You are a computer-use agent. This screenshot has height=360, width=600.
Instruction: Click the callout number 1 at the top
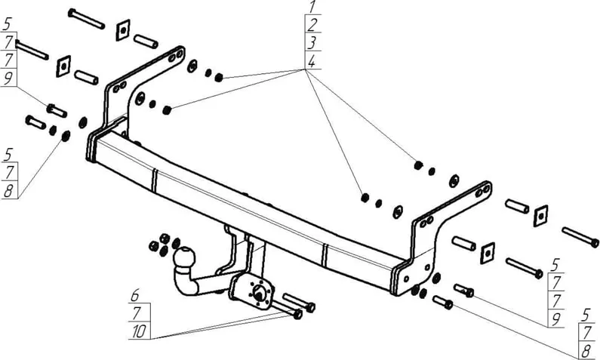point(312,7)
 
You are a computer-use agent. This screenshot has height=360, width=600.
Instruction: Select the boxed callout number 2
point(312,24)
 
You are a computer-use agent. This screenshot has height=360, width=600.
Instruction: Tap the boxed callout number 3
point(312,42)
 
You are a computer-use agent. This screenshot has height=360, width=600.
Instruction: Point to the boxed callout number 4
point(312,61)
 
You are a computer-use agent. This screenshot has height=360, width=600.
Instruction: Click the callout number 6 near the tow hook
point(134,296)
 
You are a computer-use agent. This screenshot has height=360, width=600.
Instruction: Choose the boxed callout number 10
point(139,331)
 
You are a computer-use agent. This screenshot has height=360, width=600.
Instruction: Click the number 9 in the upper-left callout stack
point(8,78)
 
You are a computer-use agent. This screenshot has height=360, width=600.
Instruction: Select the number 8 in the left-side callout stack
point(8,191)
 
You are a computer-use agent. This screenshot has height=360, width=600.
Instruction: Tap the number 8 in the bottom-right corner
point(585,351)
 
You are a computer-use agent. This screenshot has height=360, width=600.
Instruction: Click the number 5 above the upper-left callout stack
point(8,24)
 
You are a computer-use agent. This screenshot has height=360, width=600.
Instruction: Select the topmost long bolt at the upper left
point(86,18)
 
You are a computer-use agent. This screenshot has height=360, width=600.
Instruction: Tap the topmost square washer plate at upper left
point(123,30)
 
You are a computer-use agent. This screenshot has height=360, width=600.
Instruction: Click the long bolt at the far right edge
point(580,237)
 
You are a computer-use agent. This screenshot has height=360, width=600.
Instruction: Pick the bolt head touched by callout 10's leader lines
point(297,315)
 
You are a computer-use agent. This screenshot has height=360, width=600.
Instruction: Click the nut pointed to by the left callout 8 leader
point(66,135)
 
